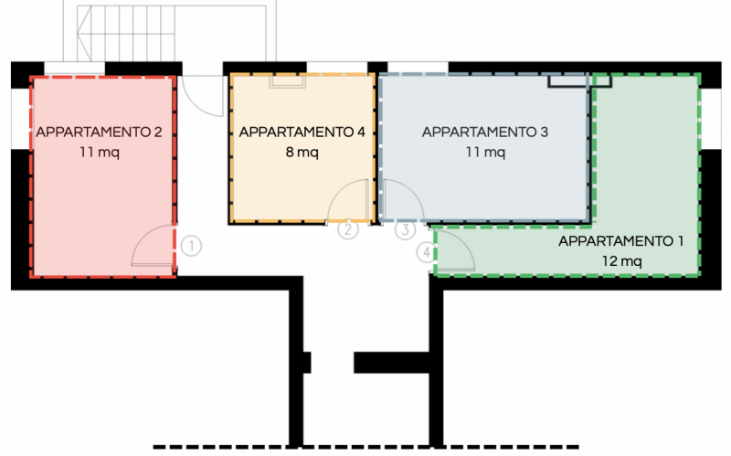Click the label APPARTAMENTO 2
(x=99, y=133)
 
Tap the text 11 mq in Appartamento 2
(x=99, y=152)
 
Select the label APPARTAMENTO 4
(x=302, y=133)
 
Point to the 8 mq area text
(x=302, y=152)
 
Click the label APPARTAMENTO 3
(x=484, y=133)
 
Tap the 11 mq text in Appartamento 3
(x=485, y=152)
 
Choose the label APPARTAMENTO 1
(x=620, y=241)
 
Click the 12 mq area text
(x=621, y=261)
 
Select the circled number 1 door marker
(x=191, y=245)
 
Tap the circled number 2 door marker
(x=348, y=229)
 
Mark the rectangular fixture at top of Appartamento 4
(x=288, y=81)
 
